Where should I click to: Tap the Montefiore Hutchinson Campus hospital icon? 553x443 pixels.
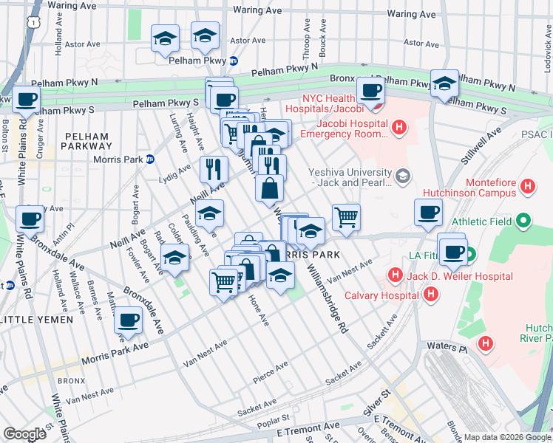click(528, 186)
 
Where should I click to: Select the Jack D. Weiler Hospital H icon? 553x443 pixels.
click(395, 276)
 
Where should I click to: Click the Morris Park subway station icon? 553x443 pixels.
click(149, 159)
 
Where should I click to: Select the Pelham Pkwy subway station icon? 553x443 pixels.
click(233, 61)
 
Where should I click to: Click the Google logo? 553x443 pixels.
click(24, 434)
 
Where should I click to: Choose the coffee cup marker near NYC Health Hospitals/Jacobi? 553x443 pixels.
click(370, 92)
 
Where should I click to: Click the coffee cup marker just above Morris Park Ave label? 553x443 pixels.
click(128, 321)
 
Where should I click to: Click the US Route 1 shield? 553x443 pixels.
click(33, 24)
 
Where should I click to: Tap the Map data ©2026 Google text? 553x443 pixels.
click(507, 437)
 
